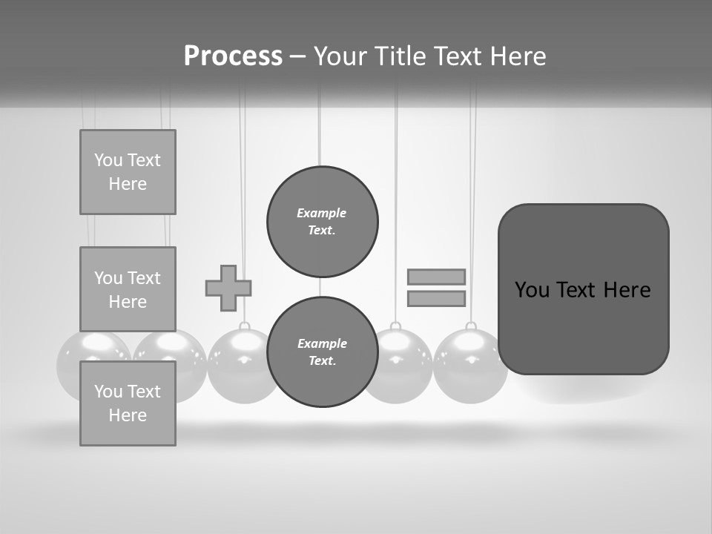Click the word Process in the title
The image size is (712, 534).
click(233, 56)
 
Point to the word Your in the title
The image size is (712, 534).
click(341, 56)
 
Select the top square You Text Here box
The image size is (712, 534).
click(128, 172)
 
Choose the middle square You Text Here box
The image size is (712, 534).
click(128, 289)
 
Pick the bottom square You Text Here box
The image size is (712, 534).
click(128, 403)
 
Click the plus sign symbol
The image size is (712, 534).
click(228, 288)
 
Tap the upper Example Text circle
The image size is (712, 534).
click(322, 221)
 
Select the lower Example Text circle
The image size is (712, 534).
click(322, 352)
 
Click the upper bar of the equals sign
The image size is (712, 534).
click(436, 277)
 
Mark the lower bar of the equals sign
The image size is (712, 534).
click(436, 298)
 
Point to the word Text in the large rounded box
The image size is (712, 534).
click(576, 290)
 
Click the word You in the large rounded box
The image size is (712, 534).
click(532, 290)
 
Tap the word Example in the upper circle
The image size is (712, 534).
click(322, 213)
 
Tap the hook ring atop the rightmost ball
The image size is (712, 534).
click(470, 326)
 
